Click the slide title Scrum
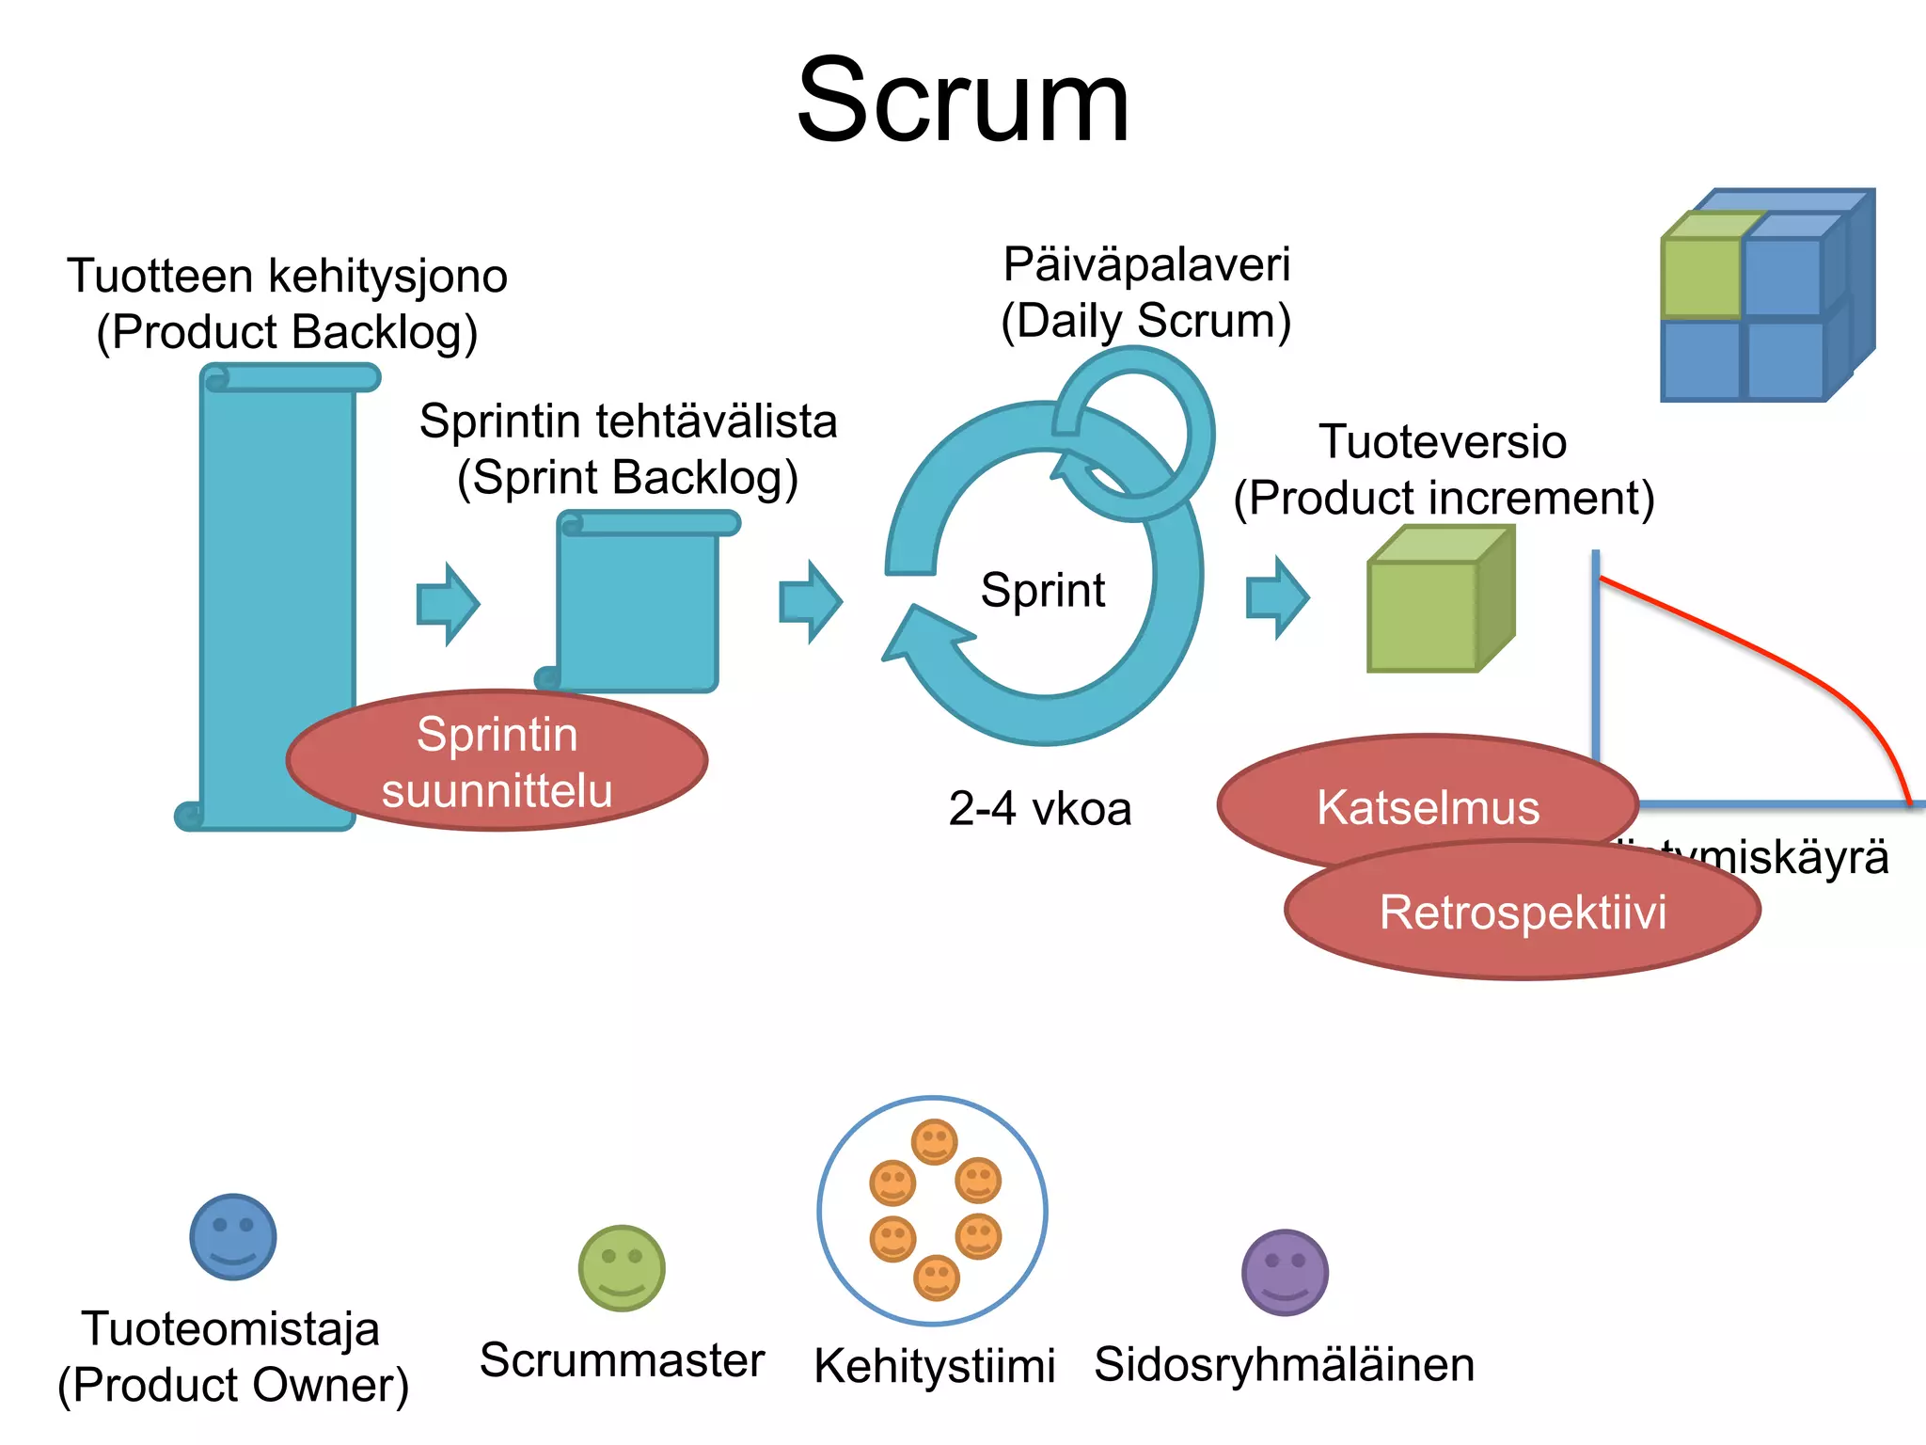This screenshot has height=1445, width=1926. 962,101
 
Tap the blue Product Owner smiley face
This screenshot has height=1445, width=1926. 233,1236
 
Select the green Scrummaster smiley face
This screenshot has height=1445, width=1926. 622,1267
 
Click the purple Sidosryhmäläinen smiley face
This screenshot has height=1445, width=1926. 1285,1272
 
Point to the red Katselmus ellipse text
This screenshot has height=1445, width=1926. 1428,807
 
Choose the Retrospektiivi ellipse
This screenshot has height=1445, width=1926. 1522,912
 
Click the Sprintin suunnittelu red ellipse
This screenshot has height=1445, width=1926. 497,761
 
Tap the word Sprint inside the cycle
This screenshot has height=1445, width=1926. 1042,591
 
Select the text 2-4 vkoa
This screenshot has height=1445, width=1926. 1039,808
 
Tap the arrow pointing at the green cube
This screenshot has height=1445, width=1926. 1277,597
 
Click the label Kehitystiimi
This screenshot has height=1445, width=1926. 934,1365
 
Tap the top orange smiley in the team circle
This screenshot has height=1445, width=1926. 934,1142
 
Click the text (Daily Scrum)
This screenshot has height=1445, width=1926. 1145,321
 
